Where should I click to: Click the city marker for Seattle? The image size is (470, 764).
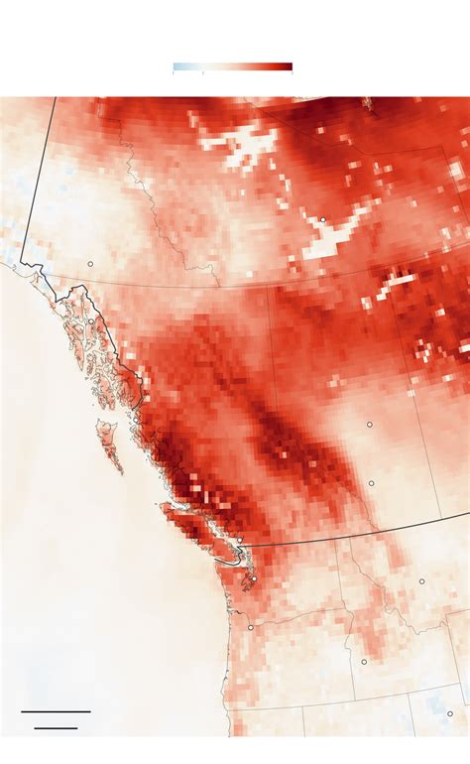click(x=254, y=578)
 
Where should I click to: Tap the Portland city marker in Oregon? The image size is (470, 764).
click(x=251, y=627)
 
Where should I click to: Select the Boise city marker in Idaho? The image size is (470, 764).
click(x=364, y=661)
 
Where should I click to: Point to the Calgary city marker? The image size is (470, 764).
click(x=372, y=483)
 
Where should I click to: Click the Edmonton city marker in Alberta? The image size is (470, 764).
click(x=369, y=424)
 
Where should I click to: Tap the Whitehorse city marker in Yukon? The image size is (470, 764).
click(x=89, y=264)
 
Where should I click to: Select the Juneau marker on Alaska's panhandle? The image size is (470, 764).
click(x=90, y=321)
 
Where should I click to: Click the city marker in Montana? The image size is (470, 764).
click(x=421, y=581)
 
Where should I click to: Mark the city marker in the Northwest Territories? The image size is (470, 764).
click(x=322, y=219)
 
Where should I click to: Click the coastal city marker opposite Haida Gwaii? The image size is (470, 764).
click(x=136, y=421)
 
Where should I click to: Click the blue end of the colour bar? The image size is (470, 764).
click(x=178, y=67)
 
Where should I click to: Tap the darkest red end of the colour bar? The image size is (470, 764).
click(x=288, y=67)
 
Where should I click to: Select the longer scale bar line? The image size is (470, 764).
click(x=56, y=711)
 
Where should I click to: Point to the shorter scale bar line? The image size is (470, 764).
click(x=56, y=728)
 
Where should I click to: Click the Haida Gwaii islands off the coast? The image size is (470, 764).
click(x=108, y=445)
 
